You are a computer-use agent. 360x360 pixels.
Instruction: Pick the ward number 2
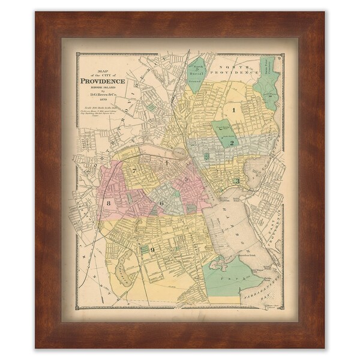tap(232, 143)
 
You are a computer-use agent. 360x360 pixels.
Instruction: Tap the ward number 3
tap(238, 181)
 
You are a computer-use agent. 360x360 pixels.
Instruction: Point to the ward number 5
tap(187, 178)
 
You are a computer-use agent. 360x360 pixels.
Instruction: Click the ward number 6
tap(161, 203)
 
